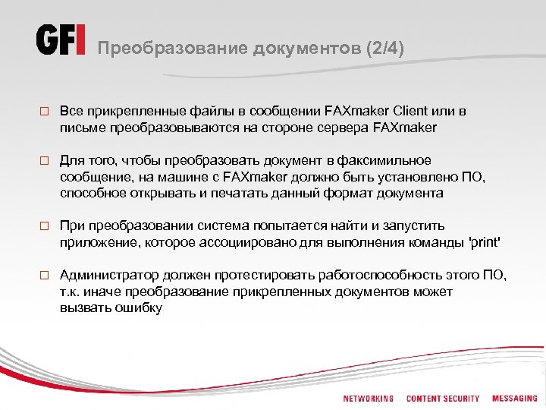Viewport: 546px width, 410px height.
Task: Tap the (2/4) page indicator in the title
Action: click(385, 49)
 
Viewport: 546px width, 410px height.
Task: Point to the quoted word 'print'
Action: click(485, 242)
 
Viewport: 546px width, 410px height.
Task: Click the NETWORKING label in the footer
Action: click(369, 399)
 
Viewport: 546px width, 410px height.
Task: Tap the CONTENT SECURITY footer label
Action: click(443, 399)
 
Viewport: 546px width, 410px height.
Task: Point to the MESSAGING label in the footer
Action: click(515, 399)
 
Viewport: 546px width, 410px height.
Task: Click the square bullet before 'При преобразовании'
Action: click(43, 227)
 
